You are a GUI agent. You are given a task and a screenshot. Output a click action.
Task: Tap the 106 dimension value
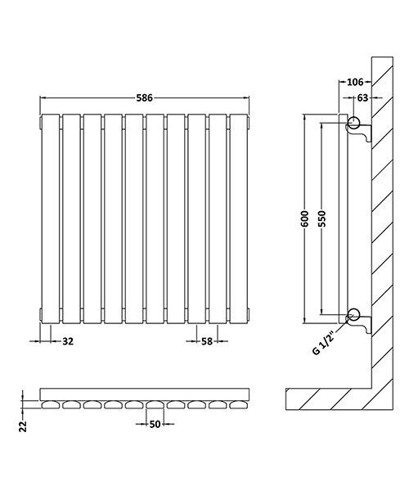click(353, 81)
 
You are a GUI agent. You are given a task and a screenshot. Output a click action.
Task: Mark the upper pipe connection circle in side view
click(353, 124)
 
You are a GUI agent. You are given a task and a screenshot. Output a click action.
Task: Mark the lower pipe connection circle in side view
click(353, 313)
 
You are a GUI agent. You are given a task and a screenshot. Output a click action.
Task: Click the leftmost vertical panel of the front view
click(51, 217)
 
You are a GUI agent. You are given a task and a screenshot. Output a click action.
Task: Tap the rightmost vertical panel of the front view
click(240, 217)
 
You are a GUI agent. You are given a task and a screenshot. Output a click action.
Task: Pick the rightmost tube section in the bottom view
click(240, 404)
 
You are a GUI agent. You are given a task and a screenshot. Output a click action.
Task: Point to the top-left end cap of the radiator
click(40, 124)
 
